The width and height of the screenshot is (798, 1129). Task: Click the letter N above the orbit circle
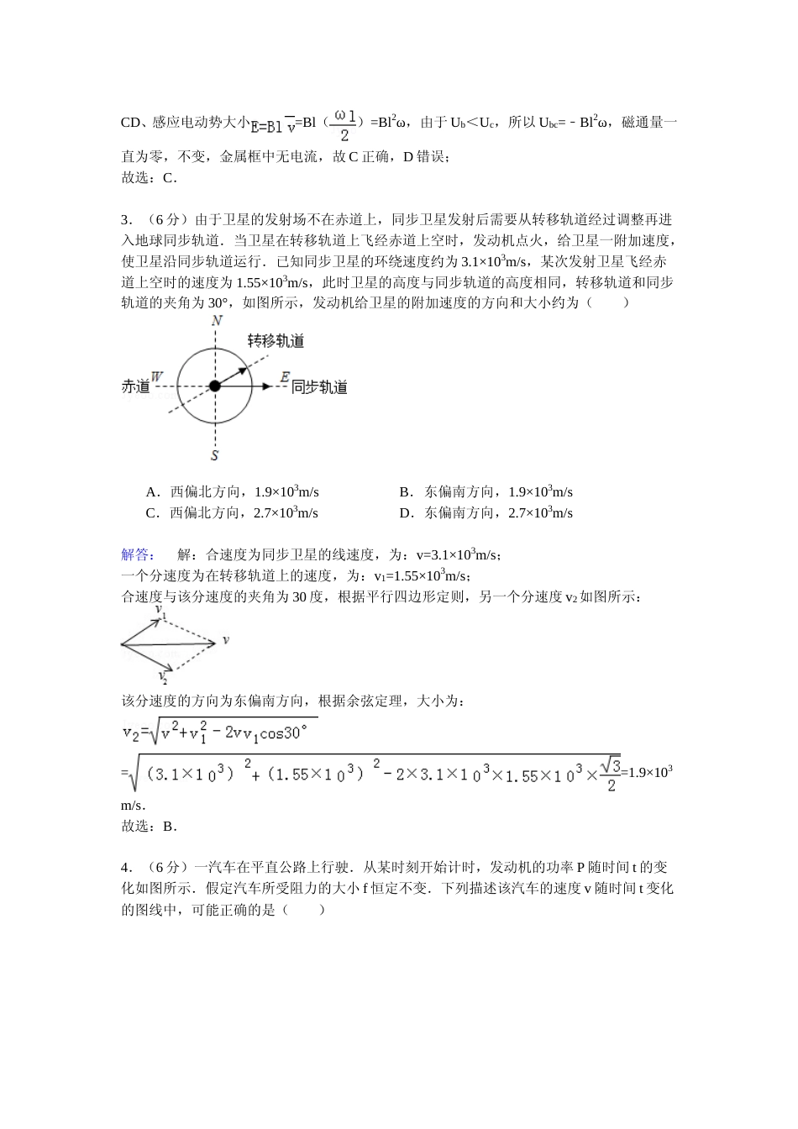(x=217, y=321)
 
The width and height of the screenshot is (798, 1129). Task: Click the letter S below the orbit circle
(x=215, y=455)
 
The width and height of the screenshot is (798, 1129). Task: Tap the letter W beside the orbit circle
(x=157, y=376)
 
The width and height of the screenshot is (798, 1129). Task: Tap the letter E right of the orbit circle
(x=286, y=376)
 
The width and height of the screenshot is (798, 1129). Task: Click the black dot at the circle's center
(x=215, y=386)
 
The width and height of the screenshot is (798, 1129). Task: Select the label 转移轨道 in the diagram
(x=276, y=341)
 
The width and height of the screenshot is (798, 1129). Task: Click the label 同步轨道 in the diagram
(x=319, y=387)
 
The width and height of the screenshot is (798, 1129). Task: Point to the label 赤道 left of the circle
(x=135, y=386)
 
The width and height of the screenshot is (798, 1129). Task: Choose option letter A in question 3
(x=151, y=492)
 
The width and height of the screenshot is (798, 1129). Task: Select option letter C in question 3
(x=151, y=513)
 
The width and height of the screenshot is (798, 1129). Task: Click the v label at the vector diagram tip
(x=225, y=641)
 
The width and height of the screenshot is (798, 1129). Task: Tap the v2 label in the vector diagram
(x=162, y=676)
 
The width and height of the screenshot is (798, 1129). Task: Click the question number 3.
(x=125, y=220)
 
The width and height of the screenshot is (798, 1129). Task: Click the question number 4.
(x=125, y=867)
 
